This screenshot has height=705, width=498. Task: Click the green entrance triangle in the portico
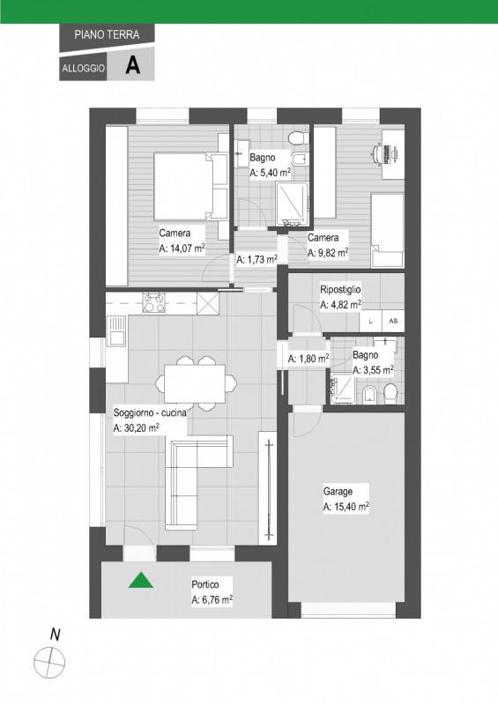point(141,581)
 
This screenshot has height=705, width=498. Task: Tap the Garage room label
point(338,492)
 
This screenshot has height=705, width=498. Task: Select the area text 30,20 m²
point(136,428)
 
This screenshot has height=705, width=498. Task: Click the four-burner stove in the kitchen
point(154,302)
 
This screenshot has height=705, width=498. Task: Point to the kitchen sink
point(116,330)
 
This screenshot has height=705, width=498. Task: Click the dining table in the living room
point(195,383)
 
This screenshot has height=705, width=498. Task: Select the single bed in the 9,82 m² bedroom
point(387,231)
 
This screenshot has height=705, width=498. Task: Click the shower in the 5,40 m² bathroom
point(293,203)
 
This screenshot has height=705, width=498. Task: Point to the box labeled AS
point(393,321)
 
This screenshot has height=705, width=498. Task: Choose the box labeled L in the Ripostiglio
point(371,321)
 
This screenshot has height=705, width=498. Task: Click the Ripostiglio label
point(340,290)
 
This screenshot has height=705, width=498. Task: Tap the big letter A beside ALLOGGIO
point(133,65)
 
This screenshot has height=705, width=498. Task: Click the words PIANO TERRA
point(107,34)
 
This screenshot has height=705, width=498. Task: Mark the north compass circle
point(49,663)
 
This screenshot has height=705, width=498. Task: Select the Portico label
point(205,584)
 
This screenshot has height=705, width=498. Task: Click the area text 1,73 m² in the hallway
point(256,259)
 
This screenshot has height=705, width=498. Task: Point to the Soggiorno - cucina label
point(150,412)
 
